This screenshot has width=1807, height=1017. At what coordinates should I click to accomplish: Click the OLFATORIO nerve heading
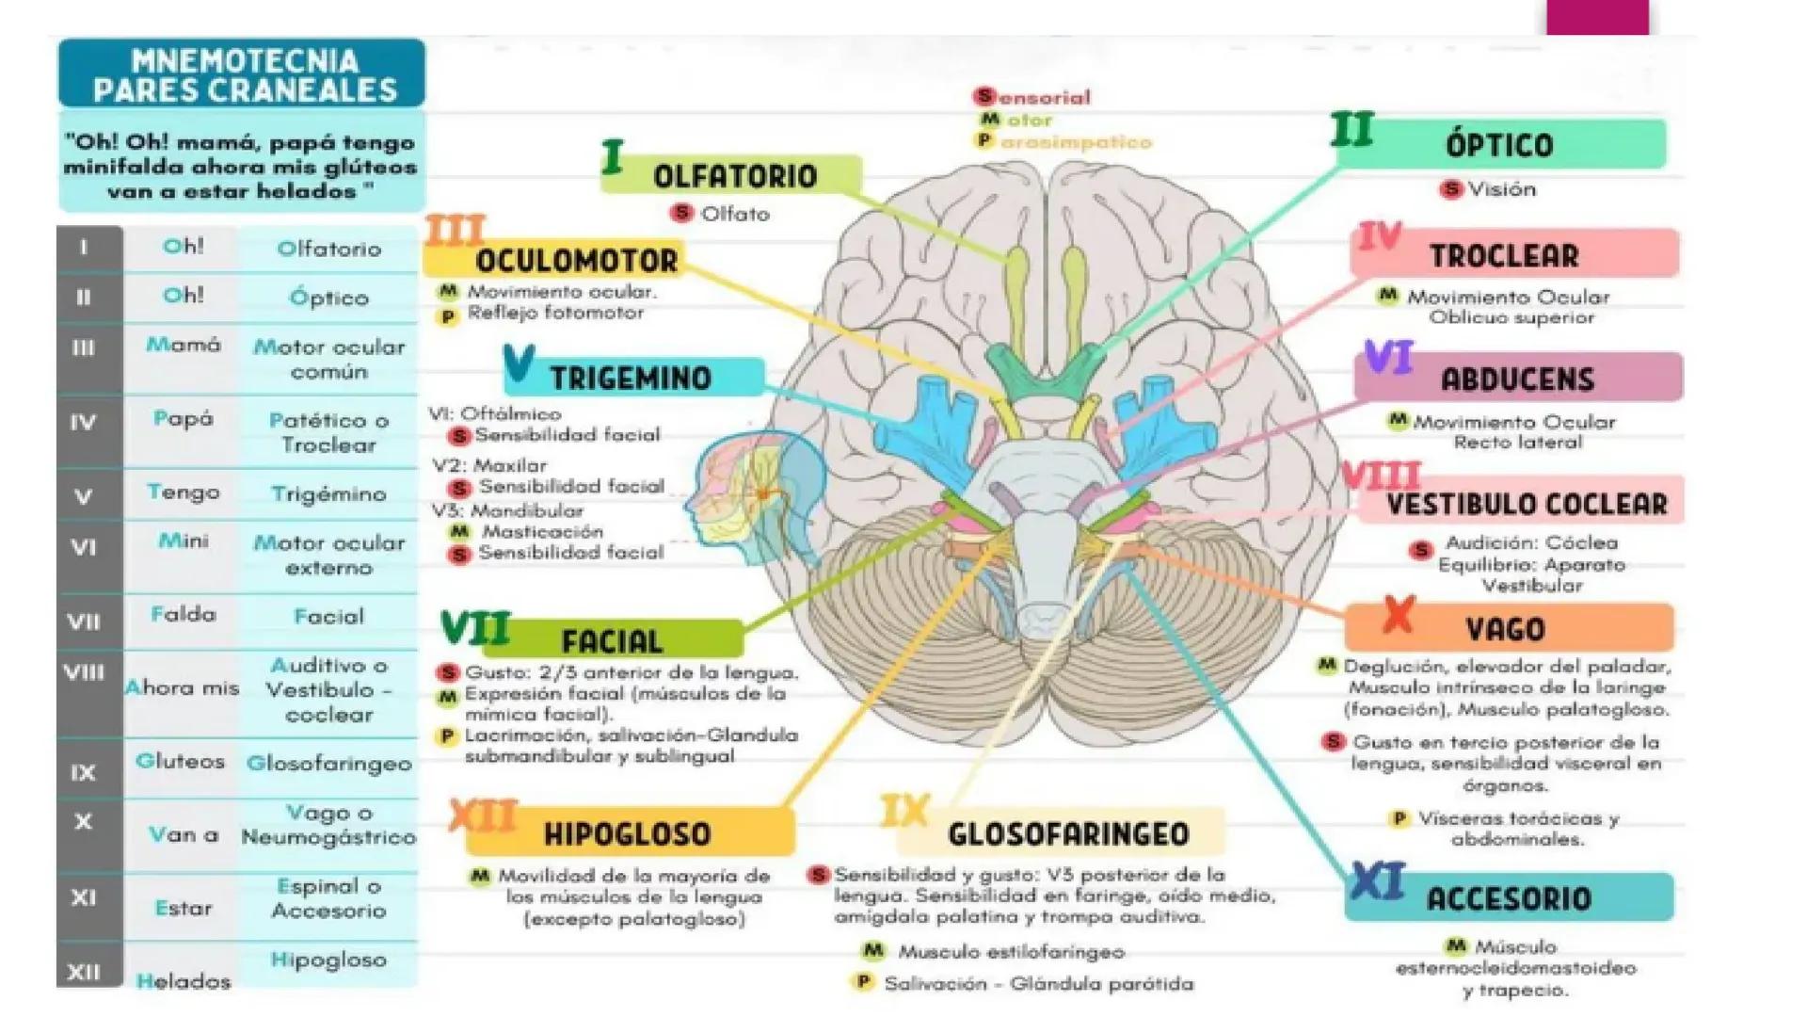click(x=735, y=176)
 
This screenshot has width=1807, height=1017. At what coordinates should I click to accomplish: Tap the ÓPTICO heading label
click(x=1499, y=145)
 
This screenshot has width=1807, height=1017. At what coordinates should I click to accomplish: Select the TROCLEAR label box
click(x=1515, y=254)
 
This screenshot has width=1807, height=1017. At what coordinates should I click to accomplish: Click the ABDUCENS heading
click(x=1517, y=379)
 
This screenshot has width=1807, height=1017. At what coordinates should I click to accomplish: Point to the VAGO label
click(x=1505, y=628)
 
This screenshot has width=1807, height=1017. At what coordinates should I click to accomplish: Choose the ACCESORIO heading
click(x=1509, y=897)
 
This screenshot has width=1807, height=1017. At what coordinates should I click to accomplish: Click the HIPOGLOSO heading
click(x=627, y=833)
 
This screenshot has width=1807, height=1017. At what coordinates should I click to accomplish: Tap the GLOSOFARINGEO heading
click(x=1068, y=833)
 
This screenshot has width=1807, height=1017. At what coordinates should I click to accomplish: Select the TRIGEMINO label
click(x=631, y=378)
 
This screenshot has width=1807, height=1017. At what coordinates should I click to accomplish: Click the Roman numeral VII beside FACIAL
click(x=475, y=628)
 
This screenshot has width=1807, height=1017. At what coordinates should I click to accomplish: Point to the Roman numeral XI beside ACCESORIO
click(x=1376, y=882)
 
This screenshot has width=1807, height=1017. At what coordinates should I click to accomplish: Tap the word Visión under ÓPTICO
click(x=1502, y=189)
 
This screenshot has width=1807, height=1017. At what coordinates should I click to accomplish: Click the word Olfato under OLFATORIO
click(x=735, y=214)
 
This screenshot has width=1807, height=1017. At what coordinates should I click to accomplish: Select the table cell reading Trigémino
click(x=328, y=493)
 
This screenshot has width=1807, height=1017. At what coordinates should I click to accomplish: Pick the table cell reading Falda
click(x=184, y=615)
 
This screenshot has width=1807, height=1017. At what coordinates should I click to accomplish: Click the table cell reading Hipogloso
click(x=328, y=960)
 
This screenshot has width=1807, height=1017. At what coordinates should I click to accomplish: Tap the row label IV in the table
click(x=84, y=423)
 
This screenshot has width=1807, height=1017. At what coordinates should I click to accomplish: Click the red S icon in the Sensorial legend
click(x=984, y=96)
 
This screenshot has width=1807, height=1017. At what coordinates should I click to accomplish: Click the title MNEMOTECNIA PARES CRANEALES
click(x=244, y=74)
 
